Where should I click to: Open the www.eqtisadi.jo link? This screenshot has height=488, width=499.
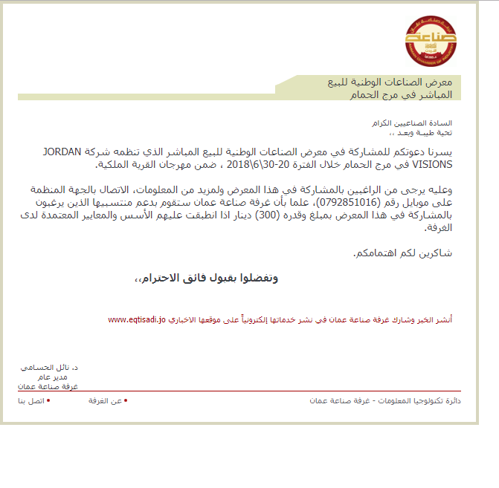click(x=137, y=319)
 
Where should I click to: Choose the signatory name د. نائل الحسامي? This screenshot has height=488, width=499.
click(x=50, y=368)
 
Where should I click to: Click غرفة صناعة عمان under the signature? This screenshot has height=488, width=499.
click(x=49, y=386)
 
